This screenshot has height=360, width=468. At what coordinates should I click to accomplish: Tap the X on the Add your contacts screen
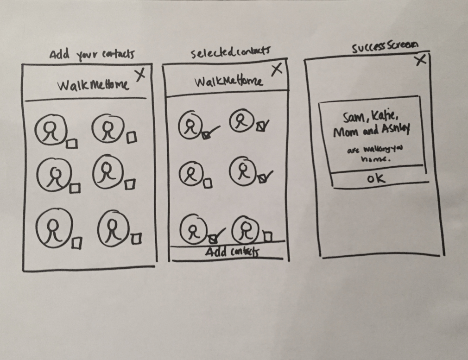click(140, 75)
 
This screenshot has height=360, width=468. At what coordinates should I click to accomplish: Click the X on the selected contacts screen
click(276, 69)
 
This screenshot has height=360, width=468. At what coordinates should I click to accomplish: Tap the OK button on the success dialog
click(375, 178)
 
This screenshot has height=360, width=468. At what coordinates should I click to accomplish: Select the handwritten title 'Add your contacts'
click(92, 54)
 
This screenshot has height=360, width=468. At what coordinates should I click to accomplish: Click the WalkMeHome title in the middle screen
click(228, 82)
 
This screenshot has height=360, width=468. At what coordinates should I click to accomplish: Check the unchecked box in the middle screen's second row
click(208, 183)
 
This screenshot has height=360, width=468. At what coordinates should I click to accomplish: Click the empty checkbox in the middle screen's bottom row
click(267, 237)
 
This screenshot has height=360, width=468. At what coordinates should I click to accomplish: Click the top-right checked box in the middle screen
click(260, 125)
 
